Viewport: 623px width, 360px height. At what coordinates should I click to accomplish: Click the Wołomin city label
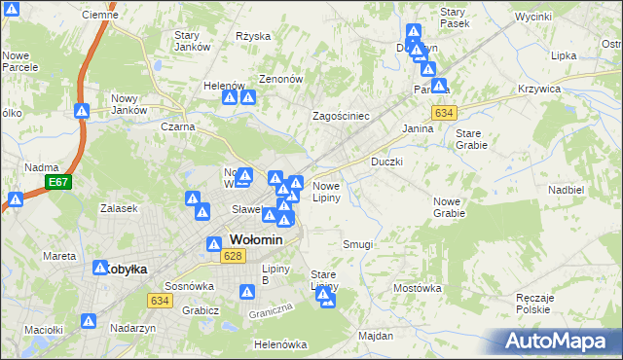pos(256,240)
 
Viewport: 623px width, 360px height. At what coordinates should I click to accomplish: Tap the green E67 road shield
pos(59,182)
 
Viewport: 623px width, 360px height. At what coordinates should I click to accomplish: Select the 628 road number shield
pos(232,256)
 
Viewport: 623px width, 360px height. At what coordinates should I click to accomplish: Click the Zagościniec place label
pos(340,116)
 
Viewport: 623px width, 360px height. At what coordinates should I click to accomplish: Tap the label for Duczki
pos(386,162)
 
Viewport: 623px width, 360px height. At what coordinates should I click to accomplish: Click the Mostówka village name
pos(417,289)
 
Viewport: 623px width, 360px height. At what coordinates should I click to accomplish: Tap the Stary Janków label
pos(193,42)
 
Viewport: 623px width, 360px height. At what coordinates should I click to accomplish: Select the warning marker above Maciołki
pos(89,320)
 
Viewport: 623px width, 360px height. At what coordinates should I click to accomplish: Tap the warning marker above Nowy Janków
pos(82,111)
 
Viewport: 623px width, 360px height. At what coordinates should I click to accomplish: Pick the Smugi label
pos(357,245)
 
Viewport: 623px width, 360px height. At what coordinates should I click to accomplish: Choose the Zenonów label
pos(281,79)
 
